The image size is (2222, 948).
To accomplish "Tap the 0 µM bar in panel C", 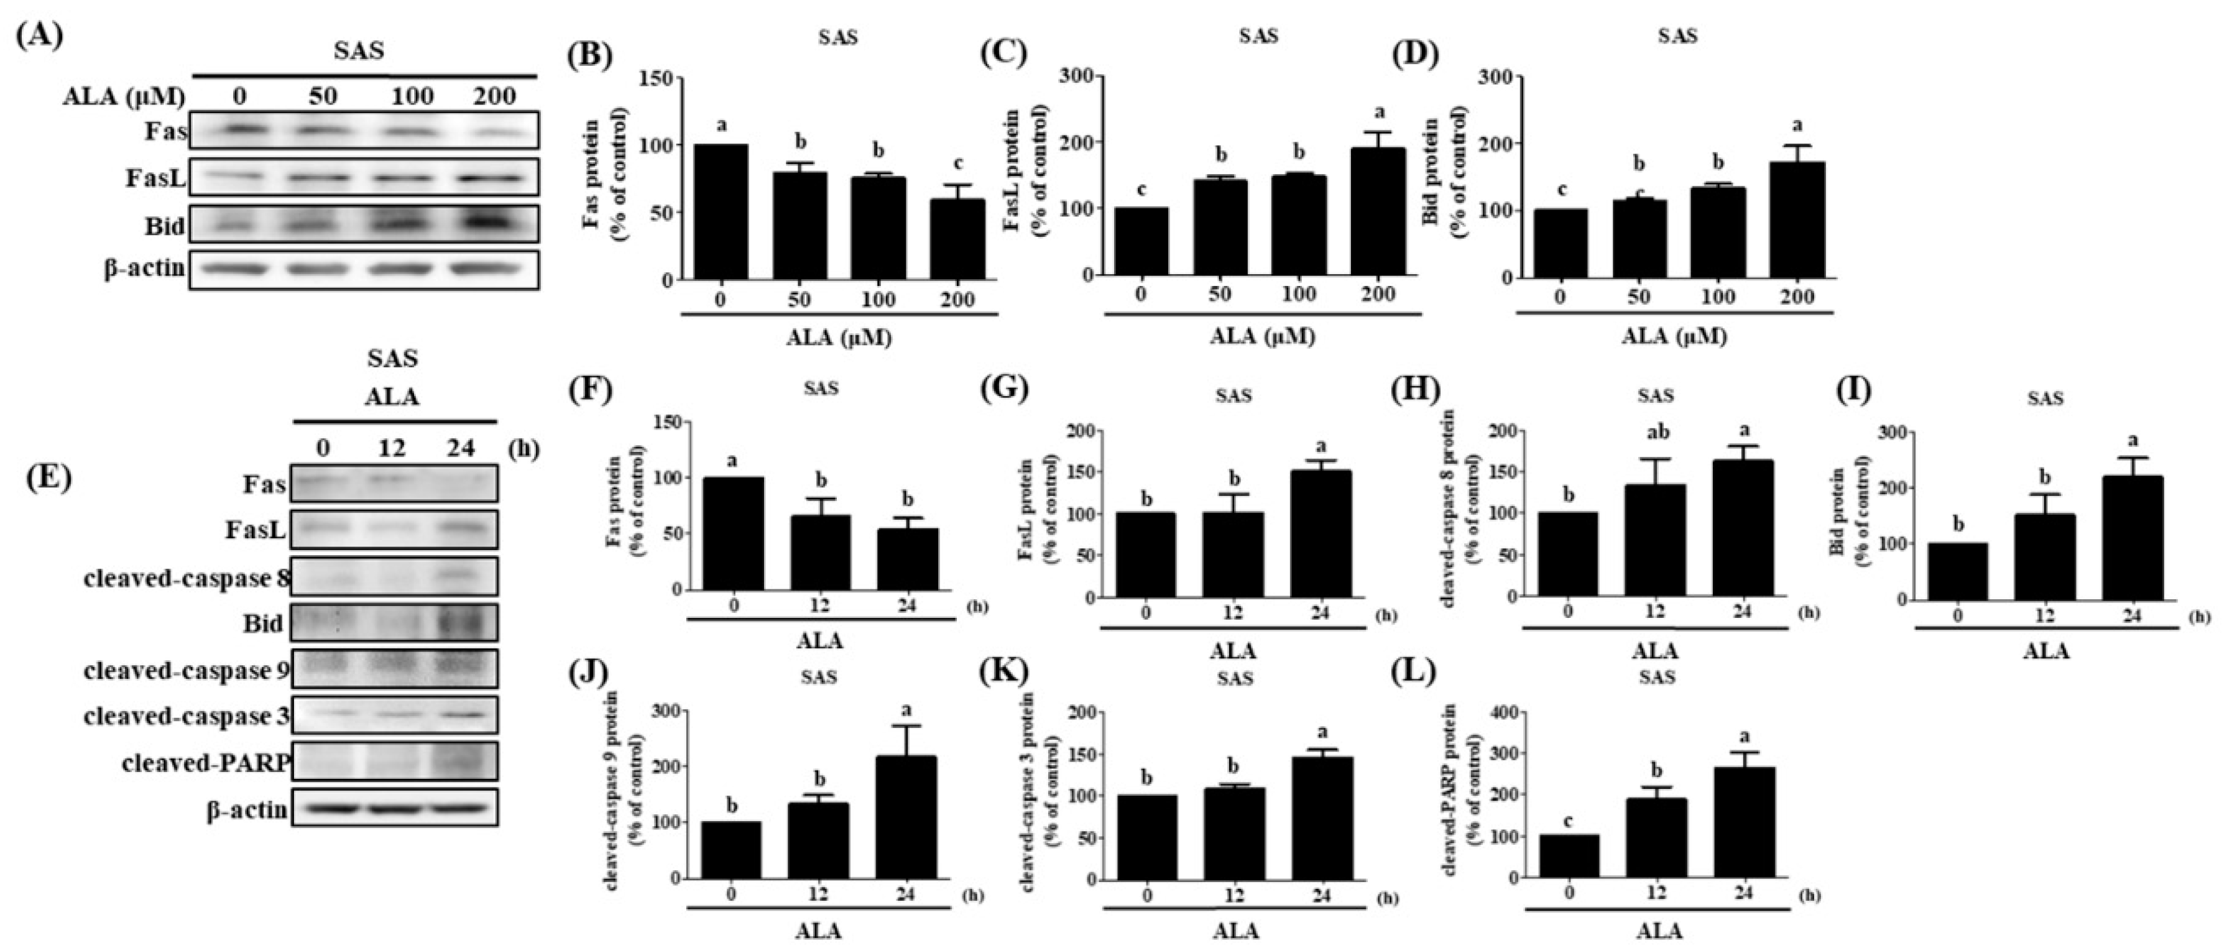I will pos(1141,242).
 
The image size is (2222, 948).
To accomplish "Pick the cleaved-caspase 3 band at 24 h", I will pos(463,714).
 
